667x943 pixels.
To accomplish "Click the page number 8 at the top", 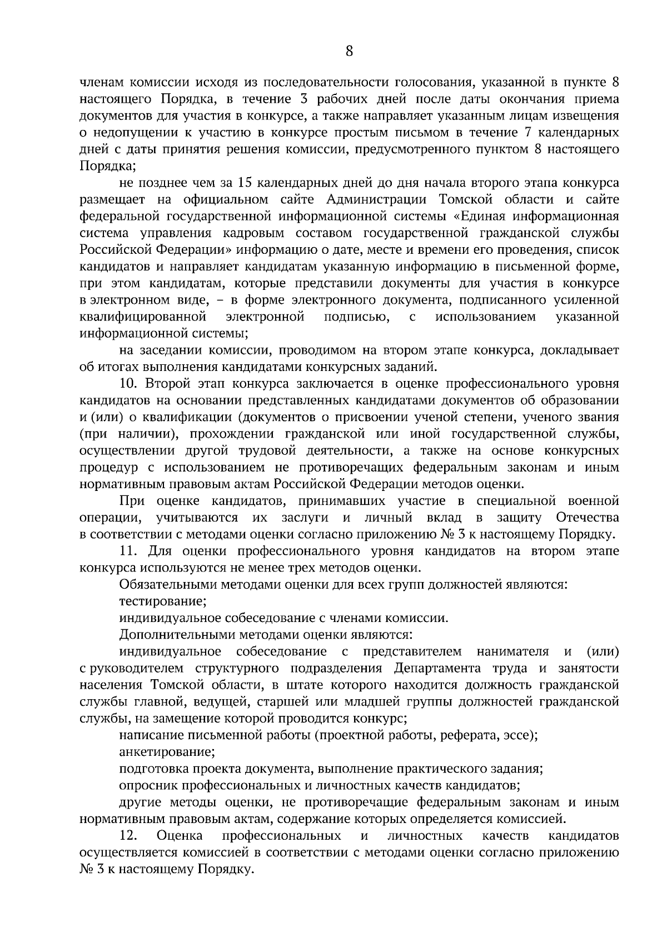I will point(349,52).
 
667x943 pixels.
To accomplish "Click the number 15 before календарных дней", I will point(245,183).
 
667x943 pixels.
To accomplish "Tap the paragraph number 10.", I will point(129,384).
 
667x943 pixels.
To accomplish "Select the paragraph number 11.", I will point(128,551).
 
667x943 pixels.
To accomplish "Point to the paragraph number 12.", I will point(128,836).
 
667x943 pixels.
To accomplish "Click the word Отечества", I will point(587,518).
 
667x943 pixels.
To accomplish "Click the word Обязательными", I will point(163,585).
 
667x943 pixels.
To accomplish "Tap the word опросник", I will point(146,786).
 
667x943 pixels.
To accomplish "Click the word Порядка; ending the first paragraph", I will point(108,167).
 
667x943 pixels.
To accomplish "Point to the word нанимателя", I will point(512,651).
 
